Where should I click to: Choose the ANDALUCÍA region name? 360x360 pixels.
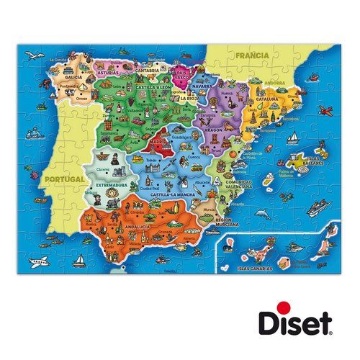tap(137, 227)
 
